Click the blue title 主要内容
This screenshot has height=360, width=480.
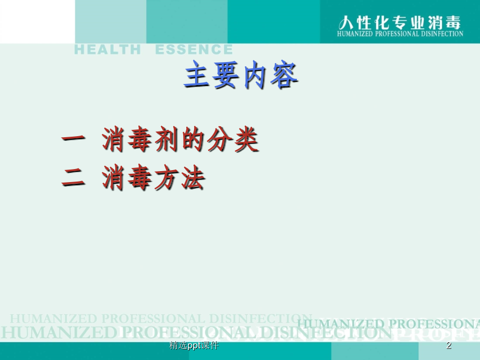click(241, 76)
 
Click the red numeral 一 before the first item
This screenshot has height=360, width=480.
click(74, 139)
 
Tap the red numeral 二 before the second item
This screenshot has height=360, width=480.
click(74, 178)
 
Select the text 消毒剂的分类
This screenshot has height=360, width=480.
click(180, 139)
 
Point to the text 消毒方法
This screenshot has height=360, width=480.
click(153, 178)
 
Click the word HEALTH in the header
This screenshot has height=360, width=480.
click(107, 50)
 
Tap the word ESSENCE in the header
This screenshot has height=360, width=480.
click(194, 50)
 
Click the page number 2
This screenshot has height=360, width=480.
click(449, 346)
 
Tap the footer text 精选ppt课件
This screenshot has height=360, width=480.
click(194, 346)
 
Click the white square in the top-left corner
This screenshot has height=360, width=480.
click(37, 21)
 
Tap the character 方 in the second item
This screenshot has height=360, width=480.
click(166, 178)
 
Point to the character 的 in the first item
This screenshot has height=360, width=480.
click(194, 139)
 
